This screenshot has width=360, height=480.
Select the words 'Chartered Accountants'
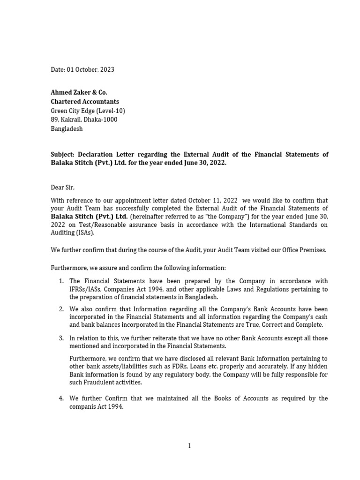[85, 102]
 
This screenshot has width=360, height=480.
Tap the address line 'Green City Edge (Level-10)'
[88, 111]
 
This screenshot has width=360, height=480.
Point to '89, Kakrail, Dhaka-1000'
[84, 120]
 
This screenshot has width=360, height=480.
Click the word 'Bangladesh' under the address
[67, 128]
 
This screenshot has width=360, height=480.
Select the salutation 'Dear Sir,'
[63, 187]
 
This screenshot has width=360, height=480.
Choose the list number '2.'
[61, 309]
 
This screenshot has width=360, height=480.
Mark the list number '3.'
[61, 338]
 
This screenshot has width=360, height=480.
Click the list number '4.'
[61, 398]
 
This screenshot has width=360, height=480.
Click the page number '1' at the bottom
[189, 446]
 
